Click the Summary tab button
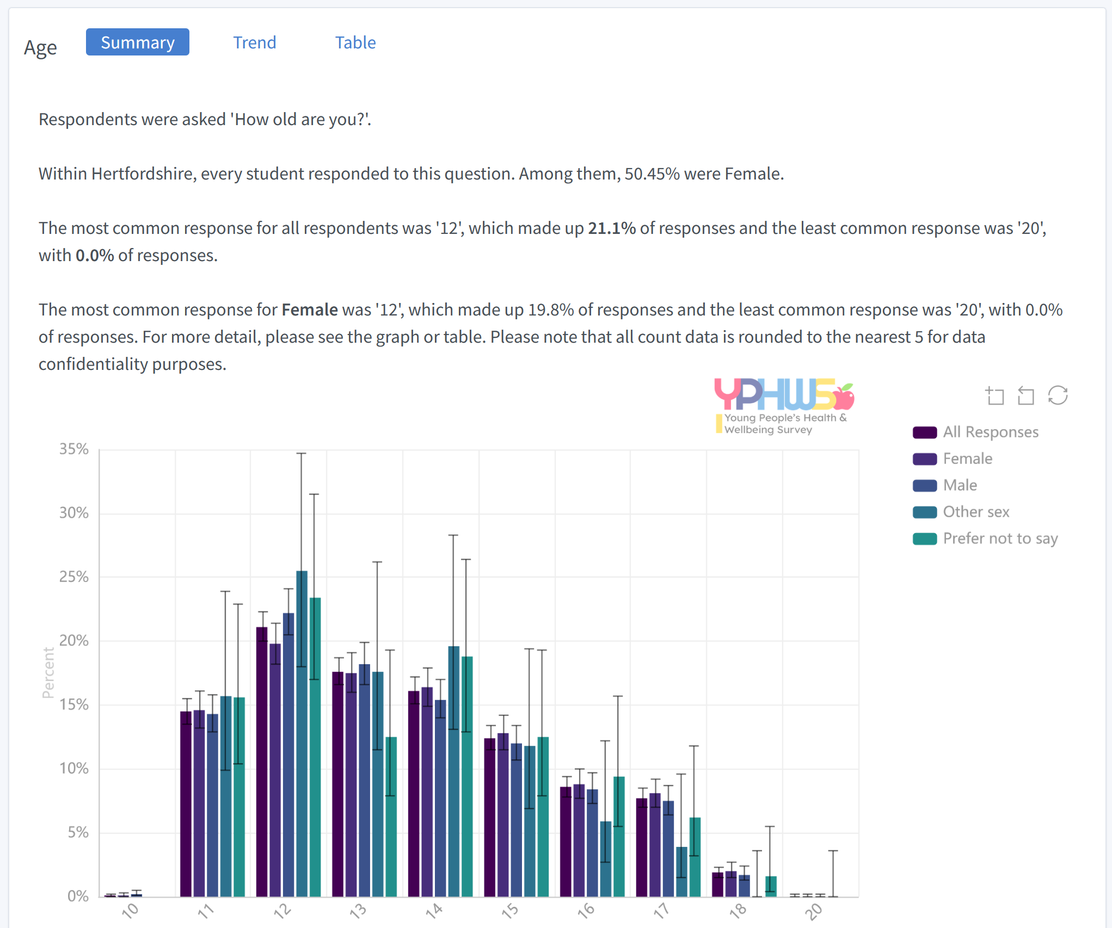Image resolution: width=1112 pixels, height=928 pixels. [x=138, y=42]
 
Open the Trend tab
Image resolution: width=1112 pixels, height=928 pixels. [x=254, y=42]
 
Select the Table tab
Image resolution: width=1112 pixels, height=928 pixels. [x=355, y=42]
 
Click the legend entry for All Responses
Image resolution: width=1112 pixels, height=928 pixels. [x=990, y=432]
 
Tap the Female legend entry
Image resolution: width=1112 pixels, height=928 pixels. [x=967, y=459]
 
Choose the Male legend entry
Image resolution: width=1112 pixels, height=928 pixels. [x=960, y=485]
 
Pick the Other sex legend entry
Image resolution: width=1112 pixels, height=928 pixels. [x=975, y=512]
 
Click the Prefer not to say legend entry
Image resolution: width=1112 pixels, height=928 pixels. [x=1000, y=539]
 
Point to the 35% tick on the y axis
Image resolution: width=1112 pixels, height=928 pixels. [x=74, y=449]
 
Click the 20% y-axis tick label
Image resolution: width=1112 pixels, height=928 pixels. [x=74, y=641]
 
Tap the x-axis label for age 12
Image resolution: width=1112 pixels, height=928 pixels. [x=282, y=911]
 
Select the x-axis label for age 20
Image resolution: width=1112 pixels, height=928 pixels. [x=814, y=911]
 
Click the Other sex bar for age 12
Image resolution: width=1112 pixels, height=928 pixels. [x=302, y=734]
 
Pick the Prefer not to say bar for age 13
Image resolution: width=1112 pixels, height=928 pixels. [x=391, y=816]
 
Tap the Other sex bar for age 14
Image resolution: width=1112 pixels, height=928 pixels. [x=453, y=772]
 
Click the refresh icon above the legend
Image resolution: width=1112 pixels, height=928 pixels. [x=1058, y=395]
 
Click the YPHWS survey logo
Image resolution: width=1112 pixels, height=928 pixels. [x=784, y=405]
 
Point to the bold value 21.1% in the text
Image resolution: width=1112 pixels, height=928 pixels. [x=612, y=228]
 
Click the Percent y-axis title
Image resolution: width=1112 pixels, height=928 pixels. [x=48, y=672]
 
